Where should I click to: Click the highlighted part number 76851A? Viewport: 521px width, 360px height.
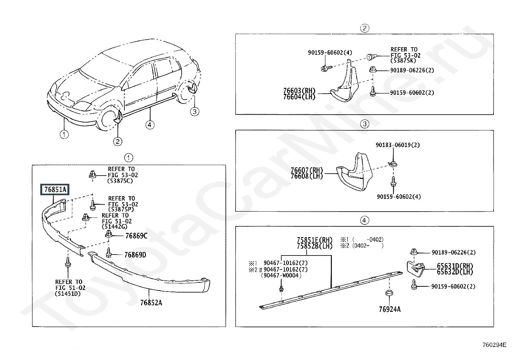[x=55, y=190]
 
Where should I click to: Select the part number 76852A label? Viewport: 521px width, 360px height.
[x=151, y=303]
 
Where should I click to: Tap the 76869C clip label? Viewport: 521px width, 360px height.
[x=136, y=236]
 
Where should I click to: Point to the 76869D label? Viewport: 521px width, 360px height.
[x=135, y=255]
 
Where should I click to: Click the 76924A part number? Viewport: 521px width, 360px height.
[x=390, y=309]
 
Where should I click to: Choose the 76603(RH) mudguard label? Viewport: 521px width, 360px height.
[x=299, y=90]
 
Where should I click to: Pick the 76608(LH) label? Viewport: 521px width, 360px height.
[x=307, y=176]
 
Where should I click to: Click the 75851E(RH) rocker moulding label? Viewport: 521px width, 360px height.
[x=315, y=240]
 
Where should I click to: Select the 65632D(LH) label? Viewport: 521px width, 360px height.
[x=455, y=272]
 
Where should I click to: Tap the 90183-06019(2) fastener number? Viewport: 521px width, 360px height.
[x=398, y=145]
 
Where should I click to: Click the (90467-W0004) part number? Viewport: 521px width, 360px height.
[x=281, y=275]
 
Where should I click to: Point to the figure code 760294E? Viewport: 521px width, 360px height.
[x=494, y=345]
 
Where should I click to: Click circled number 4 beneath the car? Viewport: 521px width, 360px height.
[x=150, y=125]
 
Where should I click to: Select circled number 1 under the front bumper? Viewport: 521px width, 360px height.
[x=64, y=134]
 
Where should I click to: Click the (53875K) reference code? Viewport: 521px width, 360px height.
[x=403, y=61]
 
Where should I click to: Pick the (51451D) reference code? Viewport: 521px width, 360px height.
[x=68, y=294]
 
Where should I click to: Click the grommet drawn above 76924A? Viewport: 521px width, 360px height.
[x=389, y=293]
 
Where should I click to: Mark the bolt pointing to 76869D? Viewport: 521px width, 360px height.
[x=109, y=253]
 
